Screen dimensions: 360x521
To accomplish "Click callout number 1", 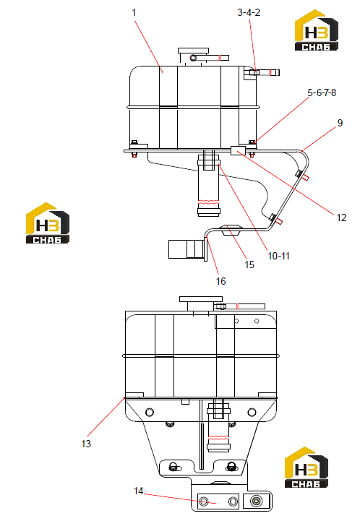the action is tap(134, 12).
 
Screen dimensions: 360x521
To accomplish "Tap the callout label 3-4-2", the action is tap(249, 12).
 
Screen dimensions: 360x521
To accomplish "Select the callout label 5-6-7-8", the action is tap(322, 92).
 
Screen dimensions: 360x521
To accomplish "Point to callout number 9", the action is tap(340, 123).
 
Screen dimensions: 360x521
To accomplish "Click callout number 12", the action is tap(341, 218).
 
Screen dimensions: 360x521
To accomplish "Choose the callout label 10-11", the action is tap(278, 256).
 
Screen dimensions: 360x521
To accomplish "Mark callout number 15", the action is tap(249, 264).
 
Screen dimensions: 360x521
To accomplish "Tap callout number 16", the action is tap(220, 281).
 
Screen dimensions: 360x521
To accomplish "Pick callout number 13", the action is tap(86, 444).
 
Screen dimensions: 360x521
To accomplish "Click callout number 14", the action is tap(138, 491).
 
